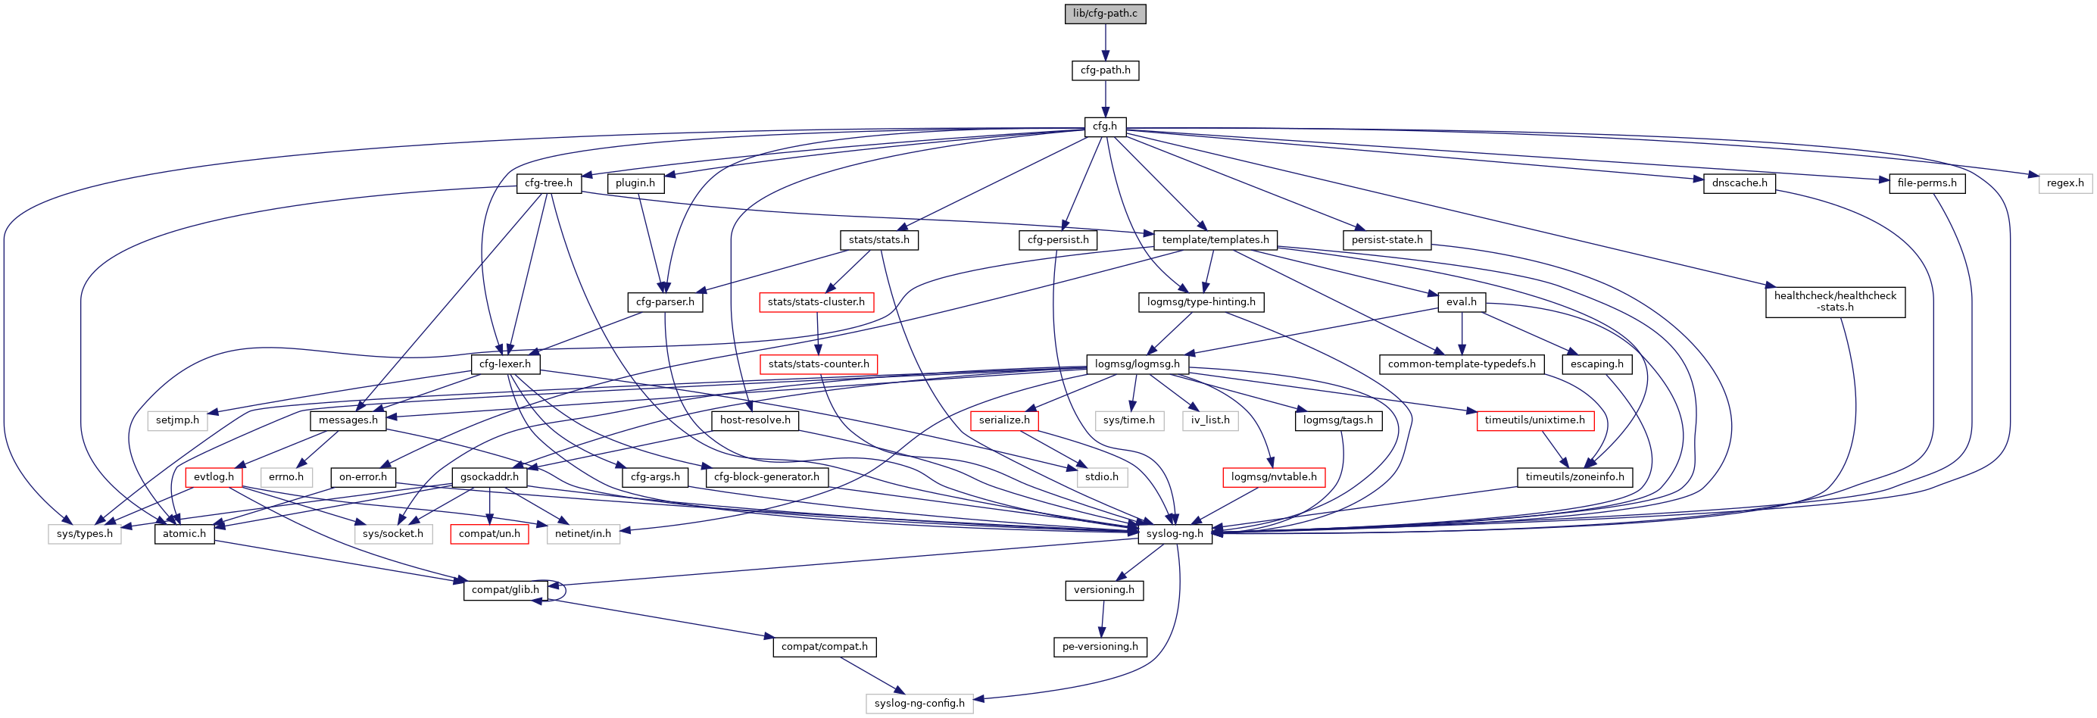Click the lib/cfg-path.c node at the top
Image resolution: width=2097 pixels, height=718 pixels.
[x=1105, y=14]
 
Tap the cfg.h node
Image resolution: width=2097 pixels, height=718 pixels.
[x=1105, y=127]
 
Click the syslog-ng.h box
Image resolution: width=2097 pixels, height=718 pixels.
[x=1174, y=534]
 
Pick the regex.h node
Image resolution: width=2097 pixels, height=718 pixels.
[x=2064, y=183]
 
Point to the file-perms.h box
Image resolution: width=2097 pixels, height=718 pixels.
[x=1926, y=183]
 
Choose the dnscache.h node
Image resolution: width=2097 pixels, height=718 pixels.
[x=1739, y=183]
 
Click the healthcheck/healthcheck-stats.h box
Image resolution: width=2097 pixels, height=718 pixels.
[x=1835, y=302]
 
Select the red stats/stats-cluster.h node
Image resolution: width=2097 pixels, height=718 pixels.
[x=816, y=302]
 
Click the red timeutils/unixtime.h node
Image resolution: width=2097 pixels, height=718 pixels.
[x=1534, y=420]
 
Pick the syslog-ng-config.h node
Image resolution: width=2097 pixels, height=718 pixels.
[x=919, y=704]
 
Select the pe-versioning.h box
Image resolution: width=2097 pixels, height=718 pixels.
[x=1100, y=647]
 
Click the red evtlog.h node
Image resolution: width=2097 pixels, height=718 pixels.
[x=214, y=477]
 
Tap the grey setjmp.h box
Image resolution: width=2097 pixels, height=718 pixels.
[x=177, y=420]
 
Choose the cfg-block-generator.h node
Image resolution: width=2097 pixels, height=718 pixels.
[x=766, y=477]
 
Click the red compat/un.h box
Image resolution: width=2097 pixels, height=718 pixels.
[x=488, y=534]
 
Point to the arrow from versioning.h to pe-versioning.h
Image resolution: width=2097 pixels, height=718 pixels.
[x=1102, y=619]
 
